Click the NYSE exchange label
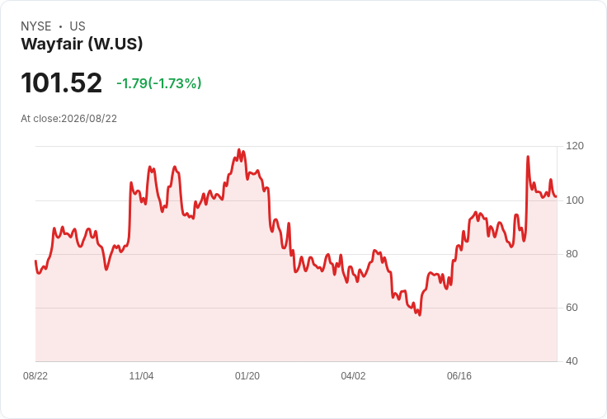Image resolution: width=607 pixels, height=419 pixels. (36, 26)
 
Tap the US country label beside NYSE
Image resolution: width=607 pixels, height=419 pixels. (78, 26)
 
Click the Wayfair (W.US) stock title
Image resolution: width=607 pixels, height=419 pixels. (82, 44)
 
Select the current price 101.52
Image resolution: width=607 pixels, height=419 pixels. (61, 82)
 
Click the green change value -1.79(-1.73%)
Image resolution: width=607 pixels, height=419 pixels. (158, 83)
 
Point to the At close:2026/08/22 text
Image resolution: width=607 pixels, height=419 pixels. (69, 119)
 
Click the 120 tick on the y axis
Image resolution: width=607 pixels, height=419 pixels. (575, 146)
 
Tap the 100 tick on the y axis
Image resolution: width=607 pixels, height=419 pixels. (575, 200)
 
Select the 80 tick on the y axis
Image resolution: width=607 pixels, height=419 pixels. (572, 254)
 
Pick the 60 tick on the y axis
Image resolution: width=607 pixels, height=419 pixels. (572, 308)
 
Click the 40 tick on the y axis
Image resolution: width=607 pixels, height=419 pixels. (572, 361)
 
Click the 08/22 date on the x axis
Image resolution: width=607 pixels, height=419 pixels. (35, 376)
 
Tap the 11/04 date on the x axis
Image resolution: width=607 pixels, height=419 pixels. (141, 376)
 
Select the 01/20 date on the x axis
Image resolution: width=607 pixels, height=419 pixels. (247, 376)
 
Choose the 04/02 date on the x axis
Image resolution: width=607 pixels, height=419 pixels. (353, 376)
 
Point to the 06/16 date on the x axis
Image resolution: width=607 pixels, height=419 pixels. (459, 376)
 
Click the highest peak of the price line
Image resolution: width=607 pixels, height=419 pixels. (239, 149)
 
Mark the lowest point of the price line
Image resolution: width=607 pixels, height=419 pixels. (420, 315)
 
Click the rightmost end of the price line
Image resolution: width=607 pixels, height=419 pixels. (557, 197)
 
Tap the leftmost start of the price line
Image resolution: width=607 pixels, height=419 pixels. (35, 261)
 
